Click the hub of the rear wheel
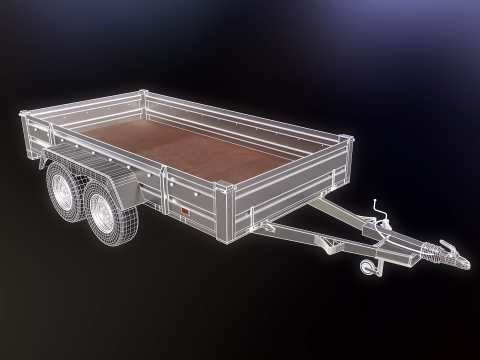tap(58, 194)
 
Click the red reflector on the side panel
tap(183, 213)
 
